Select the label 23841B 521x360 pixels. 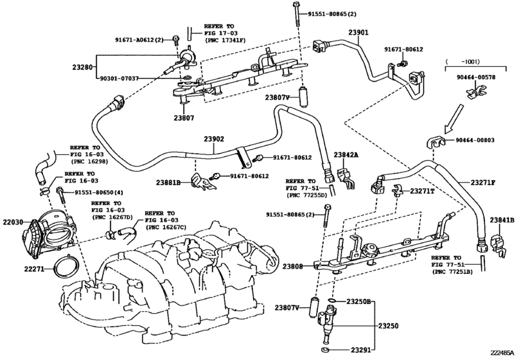503,220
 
